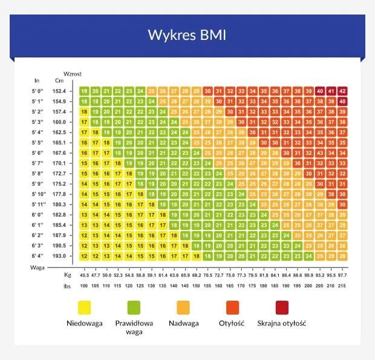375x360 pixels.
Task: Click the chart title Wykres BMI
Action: click(187, 34)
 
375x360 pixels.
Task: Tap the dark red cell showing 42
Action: click(343, 91)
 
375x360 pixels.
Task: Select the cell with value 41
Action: click(331, 91)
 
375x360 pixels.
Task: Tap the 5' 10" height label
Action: click(39, 194)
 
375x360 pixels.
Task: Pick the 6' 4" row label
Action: click(38, 256)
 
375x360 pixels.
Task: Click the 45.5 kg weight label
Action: click(84, 275)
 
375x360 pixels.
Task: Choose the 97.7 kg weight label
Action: click(343, 275)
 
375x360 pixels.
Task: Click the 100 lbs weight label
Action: click(84, 285)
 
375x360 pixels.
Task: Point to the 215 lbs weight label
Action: click(343, 285)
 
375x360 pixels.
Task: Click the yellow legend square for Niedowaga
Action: click(85, 307)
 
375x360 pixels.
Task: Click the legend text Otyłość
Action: click(231, 323)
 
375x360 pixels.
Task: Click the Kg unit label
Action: click(59, 275)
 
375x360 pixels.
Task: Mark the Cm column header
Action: click(59, 80)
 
